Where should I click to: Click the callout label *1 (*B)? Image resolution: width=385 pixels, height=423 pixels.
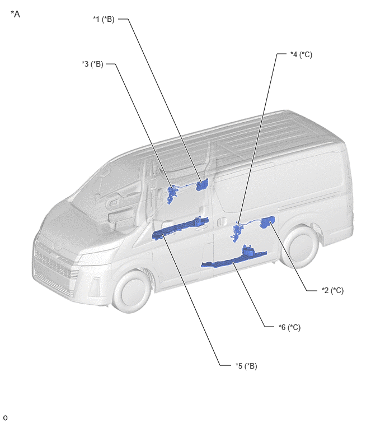click(104, 20)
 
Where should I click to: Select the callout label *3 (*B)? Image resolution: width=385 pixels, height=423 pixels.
click(93, 64)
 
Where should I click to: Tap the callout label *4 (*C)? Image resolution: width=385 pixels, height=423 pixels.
click(301, 54)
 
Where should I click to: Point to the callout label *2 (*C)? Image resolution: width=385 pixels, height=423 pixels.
click(333, 291)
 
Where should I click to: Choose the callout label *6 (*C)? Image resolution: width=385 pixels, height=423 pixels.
click(290, 327)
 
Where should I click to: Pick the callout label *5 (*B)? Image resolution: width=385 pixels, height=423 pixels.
click(246, 366)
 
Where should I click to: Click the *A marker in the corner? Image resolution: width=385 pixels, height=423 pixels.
click(15, 14)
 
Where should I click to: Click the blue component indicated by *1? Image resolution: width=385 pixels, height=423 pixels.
click(202, 185)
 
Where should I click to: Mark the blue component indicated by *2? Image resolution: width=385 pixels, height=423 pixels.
click(267, 222)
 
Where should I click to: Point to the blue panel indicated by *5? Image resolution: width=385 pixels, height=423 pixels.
click(180, 228)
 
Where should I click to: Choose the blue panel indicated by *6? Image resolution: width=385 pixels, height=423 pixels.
click(234, 257)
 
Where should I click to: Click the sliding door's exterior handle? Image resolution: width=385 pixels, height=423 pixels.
click(222, 222)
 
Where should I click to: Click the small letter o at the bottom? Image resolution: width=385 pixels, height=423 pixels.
click(5, 418)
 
